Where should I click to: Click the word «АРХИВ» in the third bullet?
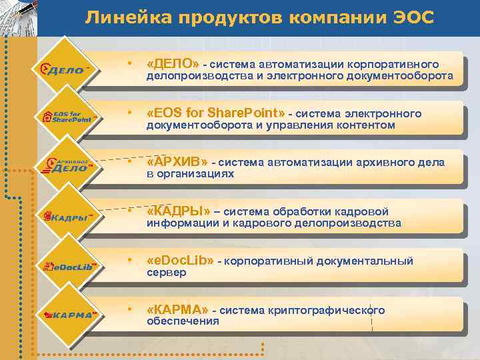point(177,162)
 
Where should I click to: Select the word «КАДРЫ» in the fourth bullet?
point(178,211)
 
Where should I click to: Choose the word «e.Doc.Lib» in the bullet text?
point(180,261)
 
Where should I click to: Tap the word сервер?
point(166,273)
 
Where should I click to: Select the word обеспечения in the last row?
point(183,321)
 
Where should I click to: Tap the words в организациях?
point(190,174)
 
